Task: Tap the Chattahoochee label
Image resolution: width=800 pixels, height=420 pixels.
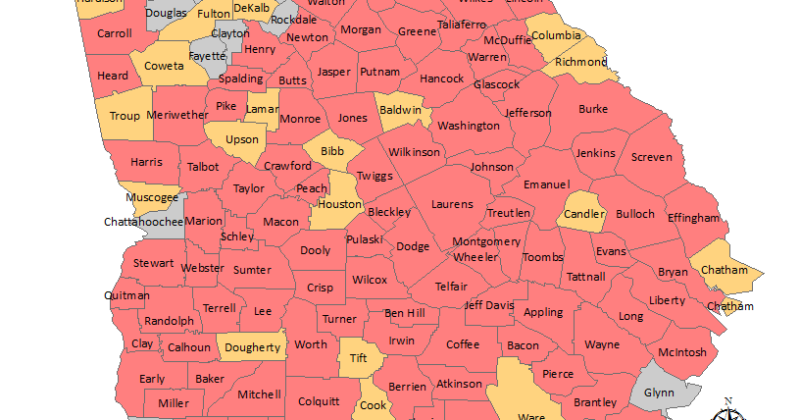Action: click(x=143, y=222)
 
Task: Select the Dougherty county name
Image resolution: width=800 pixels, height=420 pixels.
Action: click(x=253, y=346)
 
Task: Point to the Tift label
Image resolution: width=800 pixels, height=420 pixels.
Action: click(x=358, y=359)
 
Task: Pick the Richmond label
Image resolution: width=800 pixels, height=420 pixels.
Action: click(x=582, y=62)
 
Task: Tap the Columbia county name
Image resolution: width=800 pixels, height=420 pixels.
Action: click(x=556, y=36)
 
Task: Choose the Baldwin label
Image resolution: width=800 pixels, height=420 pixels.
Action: click(x=399, y=111)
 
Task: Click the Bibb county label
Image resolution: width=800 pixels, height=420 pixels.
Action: click(x=332, y=151)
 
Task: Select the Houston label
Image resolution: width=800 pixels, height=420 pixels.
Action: click(x=340, y=205)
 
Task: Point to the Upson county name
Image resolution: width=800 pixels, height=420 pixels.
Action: click(x=242, y=140)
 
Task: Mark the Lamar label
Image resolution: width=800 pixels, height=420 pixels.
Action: click(x=262, y=109)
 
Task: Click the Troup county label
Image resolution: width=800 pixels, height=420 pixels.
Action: click(x=125, y=116)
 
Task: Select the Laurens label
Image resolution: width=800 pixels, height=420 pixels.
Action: click(x=453, y=205)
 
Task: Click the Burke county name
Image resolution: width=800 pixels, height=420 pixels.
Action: click(x=593, y=109)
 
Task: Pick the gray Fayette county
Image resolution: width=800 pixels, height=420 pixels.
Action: click(x=207, y=56)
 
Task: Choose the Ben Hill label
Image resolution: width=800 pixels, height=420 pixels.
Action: click(x=404, y=313)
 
